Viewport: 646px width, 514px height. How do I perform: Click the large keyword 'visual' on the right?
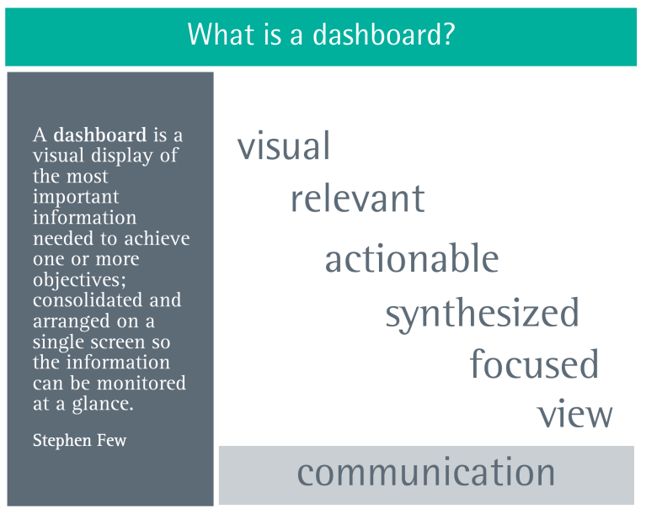coord(284,146)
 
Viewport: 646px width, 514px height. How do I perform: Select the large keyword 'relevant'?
coord(357,199)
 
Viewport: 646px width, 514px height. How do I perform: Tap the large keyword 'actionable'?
coord(411,258)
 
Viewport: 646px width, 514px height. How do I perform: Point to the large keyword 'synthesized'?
coord(482,313)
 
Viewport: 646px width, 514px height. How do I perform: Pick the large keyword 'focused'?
coord(534,364)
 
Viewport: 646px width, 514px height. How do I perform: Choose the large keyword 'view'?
coord(574,415)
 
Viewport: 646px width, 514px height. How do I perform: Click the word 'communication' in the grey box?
coord(426,472)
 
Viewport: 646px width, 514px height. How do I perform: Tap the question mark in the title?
coord(450,35)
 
